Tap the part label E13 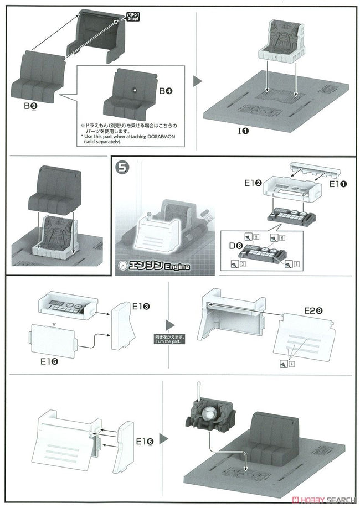tap(142, 305)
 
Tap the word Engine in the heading tap(176, 267)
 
